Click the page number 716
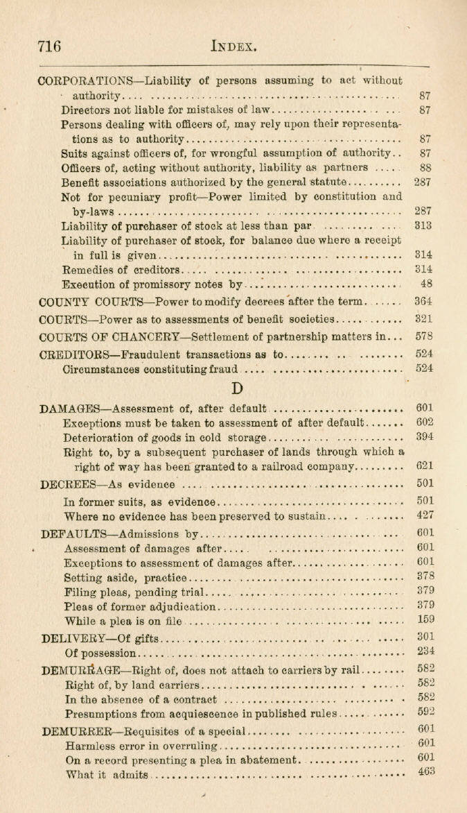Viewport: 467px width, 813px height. pos(49,47)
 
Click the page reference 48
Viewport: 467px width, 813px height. pos(426,284)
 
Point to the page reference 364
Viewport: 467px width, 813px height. pos(423,302)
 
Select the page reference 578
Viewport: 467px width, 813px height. pos(423,336)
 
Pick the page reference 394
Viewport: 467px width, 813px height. pos(424,437)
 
